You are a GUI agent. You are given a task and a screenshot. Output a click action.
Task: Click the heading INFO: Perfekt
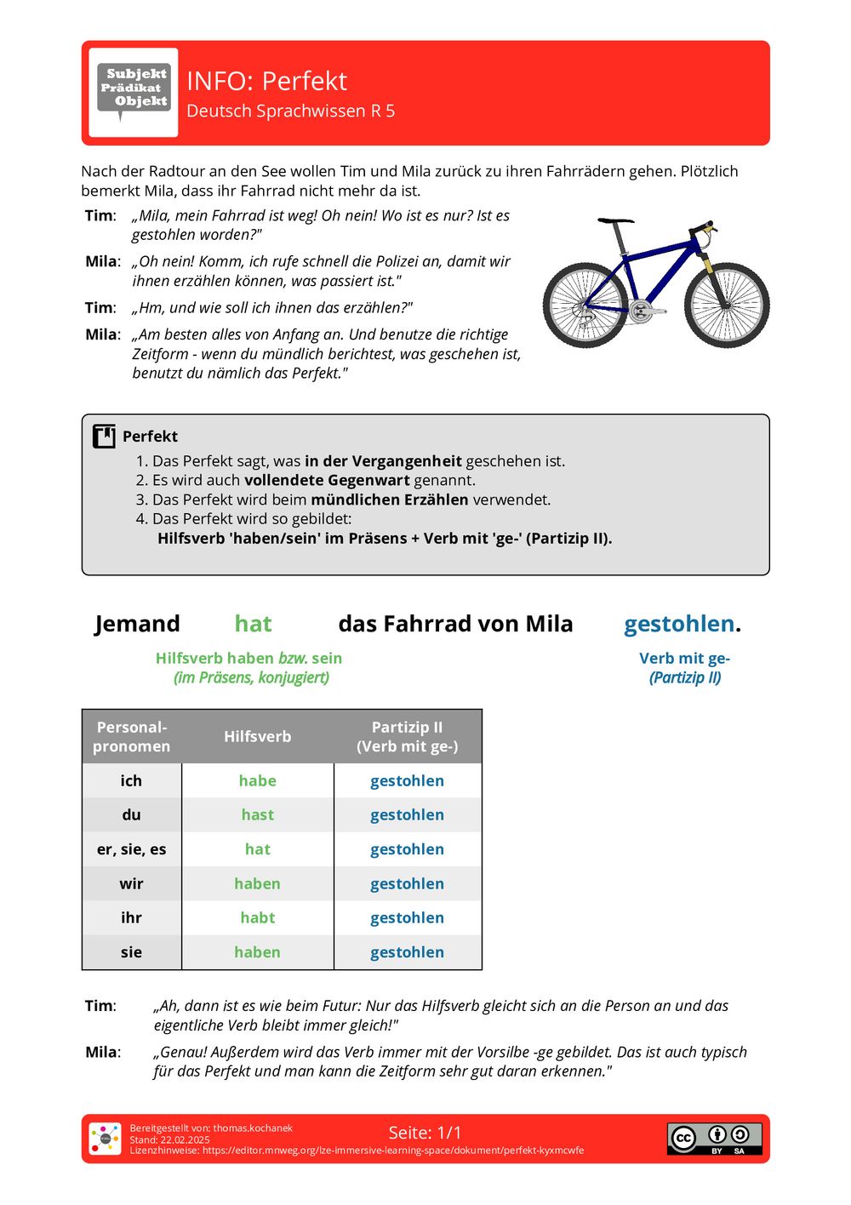coord(266,81)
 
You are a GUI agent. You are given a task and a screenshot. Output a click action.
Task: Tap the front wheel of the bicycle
coord(726,305)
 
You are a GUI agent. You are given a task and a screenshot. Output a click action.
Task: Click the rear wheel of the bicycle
coord(585,305)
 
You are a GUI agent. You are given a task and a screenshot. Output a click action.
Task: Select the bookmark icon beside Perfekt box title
coord(104,437)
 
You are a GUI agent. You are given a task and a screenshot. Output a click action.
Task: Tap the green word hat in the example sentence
coord(253,624)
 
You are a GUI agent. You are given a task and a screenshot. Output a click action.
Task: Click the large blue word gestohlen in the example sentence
coord(679,624)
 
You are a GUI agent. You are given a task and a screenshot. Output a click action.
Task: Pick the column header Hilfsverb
coord(257,736)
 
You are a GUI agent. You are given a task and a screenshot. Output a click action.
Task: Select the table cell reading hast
coord(257,814)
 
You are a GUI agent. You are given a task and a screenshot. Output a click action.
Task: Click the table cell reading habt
coord(257,917)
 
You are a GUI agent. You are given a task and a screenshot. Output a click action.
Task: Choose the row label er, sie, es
coord(131,849)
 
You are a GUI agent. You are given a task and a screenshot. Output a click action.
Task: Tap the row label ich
coord(131,780)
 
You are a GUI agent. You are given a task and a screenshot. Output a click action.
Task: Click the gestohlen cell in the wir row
coord(407,883)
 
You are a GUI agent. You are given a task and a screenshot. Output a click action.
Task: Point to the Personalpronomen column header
coord(131,736)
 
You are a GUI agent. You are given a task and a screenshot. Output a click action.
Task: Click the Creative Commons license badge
coord(714,1139)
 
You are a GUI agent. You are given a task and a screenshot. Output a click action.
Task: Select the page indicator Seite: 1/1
coord(425,1133)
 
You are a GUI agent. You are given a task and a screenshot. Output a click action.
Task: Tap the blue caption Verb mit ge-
coord(684,658)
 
